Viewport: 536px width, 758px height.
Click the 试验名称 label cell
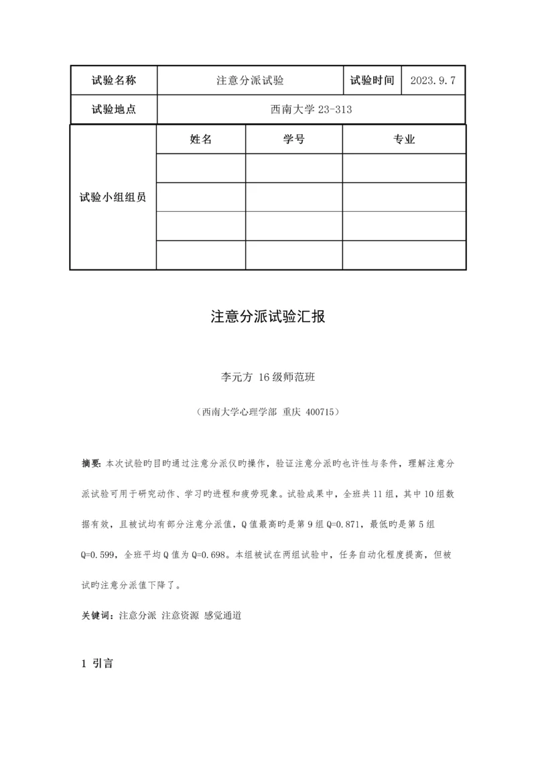point(113,80)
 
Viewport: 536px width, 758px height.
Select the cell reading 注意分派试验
point(250,80)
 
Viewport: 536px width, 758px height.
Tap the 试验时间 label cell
point(372,80)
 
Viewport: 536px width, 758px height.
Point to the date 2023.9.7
point(433,80)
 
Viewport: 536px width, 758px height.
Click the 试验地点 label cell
point(113,109)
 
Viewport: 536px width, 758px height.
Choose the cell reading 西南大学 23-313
point(311,109)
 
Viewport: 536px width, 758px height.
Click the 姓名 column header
point(201,139)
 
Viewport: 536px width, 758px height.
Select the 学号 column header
point(293,139)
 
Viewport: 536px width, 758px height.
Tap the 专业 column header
point(404,139)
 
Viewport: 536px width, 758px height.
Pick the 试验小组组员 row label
point(113,197)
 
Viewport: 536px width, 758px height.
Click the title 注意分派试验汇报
point(268,317)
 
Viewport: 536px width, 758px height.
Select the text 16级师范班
point(286,377)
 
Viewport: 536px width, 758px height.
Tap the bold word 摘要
point(90,463)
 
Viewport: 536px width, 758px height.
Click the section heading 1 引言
point(97,664)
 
